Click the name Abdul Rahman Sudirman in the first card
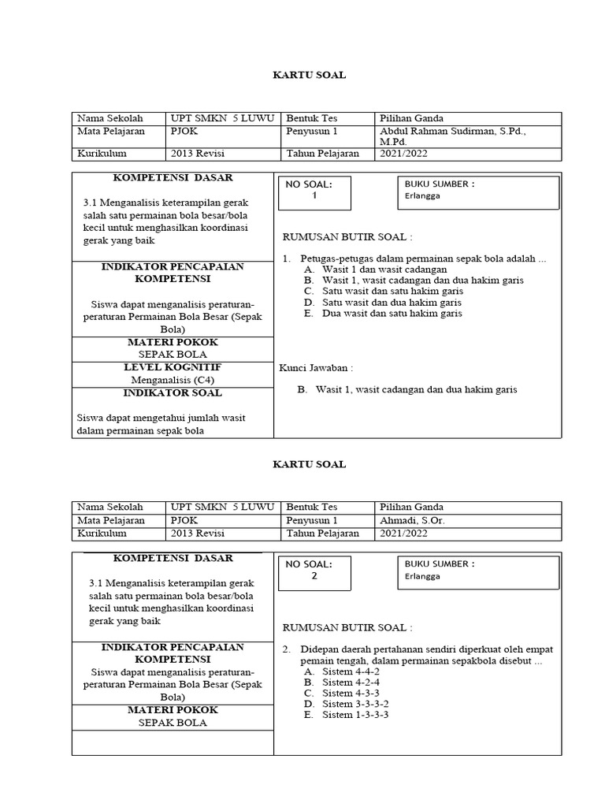click(452, 132)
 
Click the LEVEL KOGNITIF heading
click(173, 367)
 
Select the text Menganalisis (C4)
click(173, 379)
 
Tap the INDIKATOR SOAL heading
click(173, 392)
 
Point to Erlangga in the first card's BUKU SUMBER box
click(423, 196)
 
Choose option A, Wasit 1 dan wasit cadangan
click(374, 269)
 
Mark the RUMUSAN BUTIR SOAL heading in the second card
click(347, 627)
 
